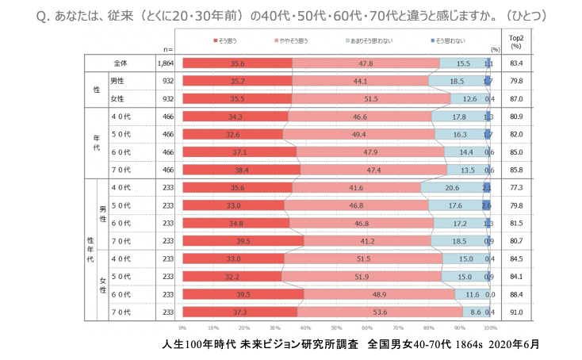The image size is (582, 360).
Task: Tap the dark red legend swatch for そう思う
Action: click(214, 39)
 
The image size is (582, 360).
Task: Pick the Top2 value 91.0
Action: click(516, 312)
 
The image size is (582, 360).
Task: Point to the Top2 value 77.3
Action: click(516, 187)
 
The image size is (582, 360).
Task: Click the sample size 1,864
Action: click(165, 63)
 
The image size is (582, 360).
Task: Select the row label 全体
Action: click(121, 63)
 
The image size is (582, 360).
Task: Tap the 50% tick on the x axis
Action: click(336, 327)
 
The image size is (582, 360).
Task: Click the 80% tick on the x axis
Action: click(429, 327)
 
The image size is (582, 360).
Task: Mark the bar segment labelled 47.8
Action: click(366, 63)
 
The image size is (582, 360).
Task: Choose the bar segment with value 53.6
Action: click(381, 312)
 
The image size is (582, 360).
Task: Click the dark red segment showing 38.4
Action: click(241, 169)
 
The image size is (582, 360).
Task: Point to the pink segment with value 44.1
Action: click(360, 81)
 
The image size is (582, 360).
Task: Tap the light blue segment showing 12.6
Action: click(469, 98)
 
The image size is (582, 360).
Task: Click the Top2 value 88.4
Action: click(516, 294)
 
